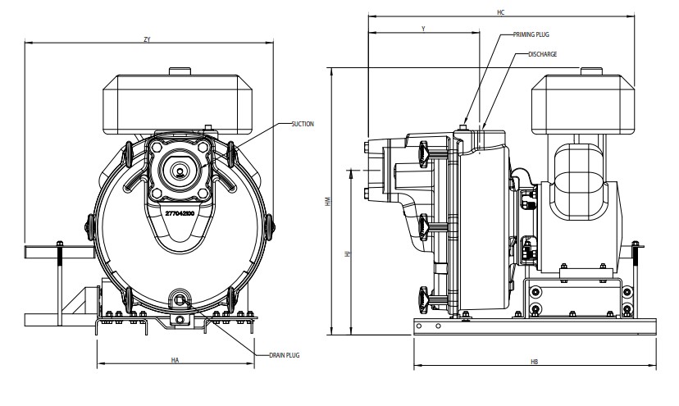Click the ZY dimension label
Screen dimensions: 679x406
pyautogui.click(x=148, y=39)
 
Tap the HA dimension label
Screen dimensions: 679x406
pyautogui.click(x=175, y=360)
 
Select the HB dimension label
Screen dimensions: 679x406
pyautogui.click(x=535, y=362)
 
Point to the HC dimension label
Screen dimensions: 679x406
pyautogui.click(x=500, y=12)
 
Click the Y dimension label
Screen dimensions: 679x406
pyautogui.click(x=423, y=29)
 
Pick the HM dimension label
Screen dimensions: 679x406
pyautogui.click(x=328, y=201)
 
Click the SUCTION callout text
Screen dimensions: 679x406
pyautogui.click(x=303, y=124)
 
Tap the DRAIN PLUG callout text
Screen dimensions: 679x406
pyautogui.click(x=284, y=355)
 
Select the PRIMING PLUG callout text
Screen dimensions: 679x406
pyautogui.click(x=531, y=34)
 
